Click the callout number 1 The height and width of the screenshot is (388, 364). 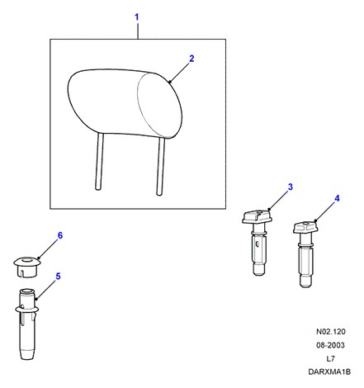pyautogui.click(x=137, y=17)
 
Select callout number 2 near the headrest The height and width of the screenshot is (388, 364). pyautogui.click(x=191, y=59)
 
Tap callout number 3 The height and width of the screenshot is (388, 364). pyautogui.click(x=291, y=187)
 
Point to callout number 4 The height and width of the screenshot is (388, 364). pyautogui.click(x=337, y=198)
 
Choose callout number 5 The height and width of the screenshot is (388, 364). pyautogui.click(x=58, y=277)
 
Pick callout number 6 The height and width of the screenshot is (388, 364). pyautogui.click(x=60, y=235)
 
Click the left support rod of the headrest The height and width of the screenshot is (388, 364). pyautogui.click(x=99, y=161)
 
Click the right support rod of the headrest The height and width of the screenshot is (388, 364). pyautogui.click(x=160, y=166)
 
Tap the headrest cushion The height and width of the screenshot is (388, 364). pyautogui.click(x=125, y=103)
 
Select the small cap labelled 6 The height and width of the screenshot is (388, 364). pyautogui.click(x=27, y=267)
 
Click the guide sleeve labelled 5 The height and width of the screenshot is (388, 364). pyautogui.click(x=27, y=324)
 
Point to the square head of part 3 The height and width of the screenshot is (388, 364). pyautogui.click(x=257, y=216)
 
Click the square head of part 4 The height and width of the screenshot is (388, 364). pyautogui.click(x=305, y=228)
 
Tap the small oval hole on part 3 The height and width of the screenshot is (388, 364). pyautogui.click(x=257, y=244)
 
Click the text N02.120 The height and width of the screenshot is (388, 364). pyautogui.click(x=330, y=332)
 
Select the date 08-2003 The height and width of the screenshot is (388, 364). pyautogui.click(x=330, y=345)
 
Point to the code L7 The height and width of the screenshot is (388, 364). pyautogui.click(x=330, y=358)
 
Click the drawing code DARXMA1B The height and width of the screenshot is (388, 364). pyautogui.click(x=329, y=371)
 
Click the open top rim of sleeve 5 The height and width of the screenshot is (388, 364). pyautogui.click(x=27, y=291)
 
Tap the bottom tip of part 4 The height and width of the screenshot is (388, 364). pyautogui.click(x=305, y=286)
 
